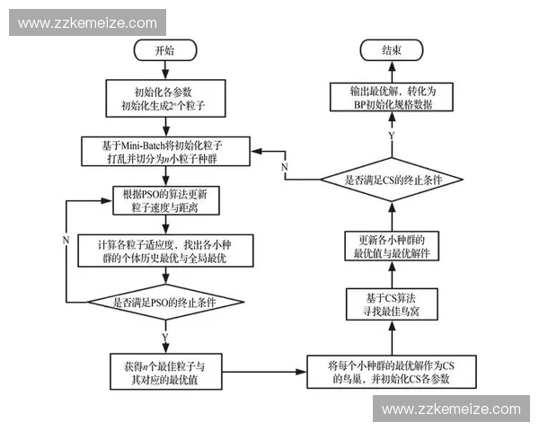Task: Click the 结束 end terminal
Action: [392, 51]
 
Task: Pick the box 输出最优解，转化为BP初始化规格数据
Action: [392, 98]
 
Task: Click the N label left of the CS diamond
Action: [284, 169]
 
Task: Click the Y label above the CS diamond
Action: [391, 134]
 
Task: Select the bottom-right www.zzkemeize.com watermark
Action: [451, 409]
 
